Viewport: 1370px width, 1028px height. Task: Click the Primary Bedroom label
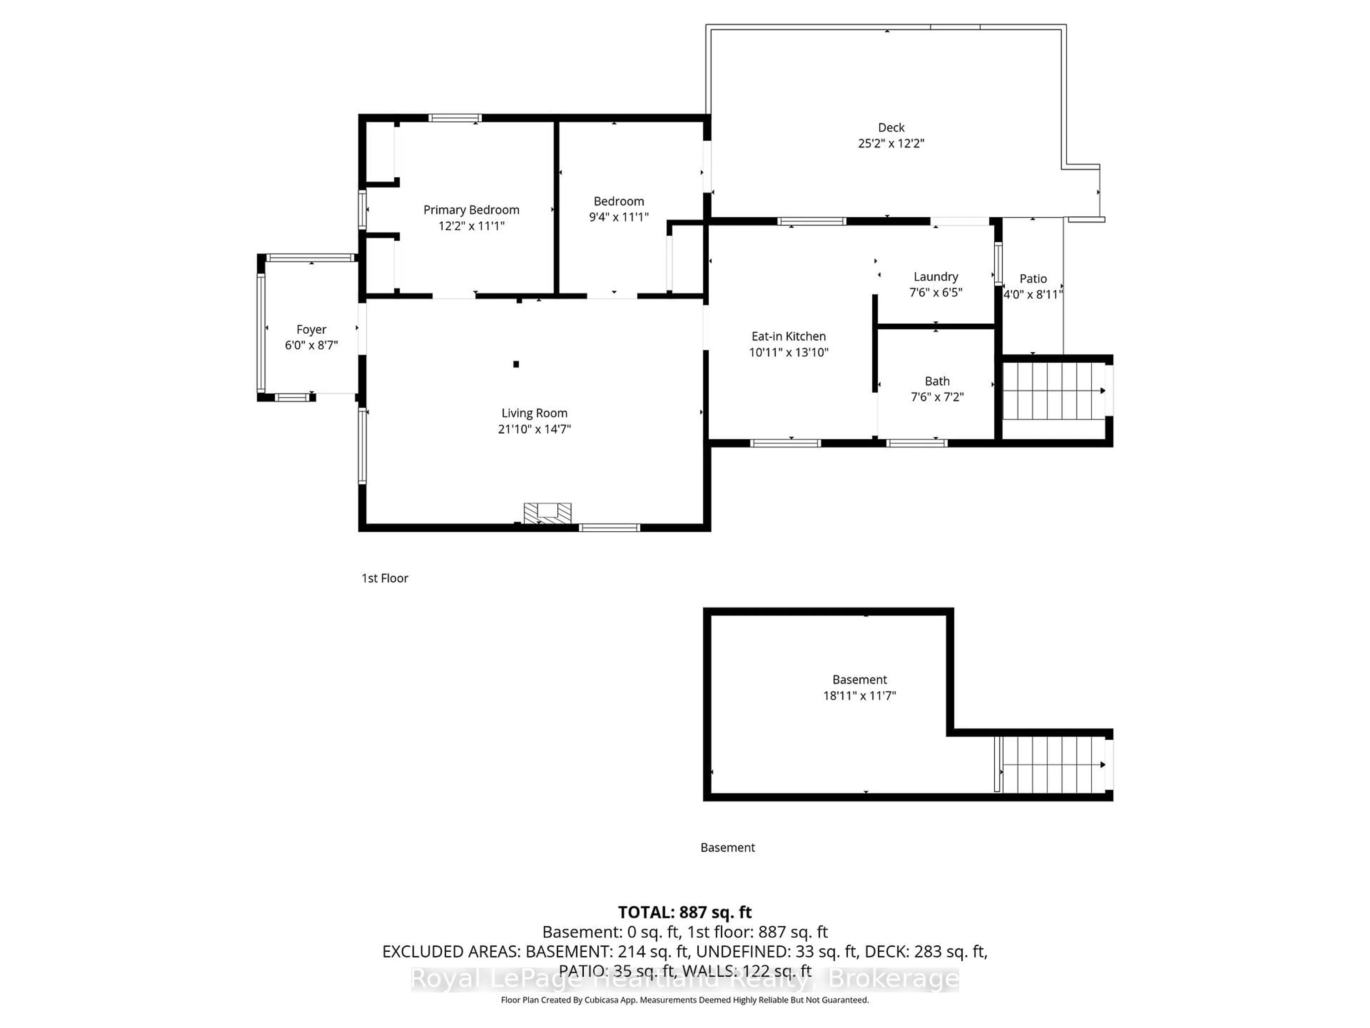(471, 210)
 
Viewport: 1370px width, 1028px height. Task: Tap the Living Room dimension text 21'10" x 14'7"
(534, 429)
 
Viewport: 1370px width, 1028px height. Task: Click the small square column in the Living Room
(516, 364)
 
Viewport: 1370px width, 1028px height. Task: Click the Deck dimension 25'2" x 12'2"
(890, 143)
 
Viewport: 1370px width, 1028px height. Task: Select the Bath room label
(937, 381)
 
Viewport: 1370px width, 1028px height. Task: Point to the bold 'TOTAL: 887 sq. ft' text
(684, 912)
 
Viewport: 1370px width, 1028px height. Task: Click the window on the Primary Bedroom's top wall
(455, 118)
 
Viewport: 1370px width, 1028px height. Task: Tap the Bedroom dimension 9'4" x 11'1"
(618, 217)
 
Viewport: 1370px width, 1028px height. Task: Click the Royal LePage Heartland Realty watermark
(684, 979)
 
